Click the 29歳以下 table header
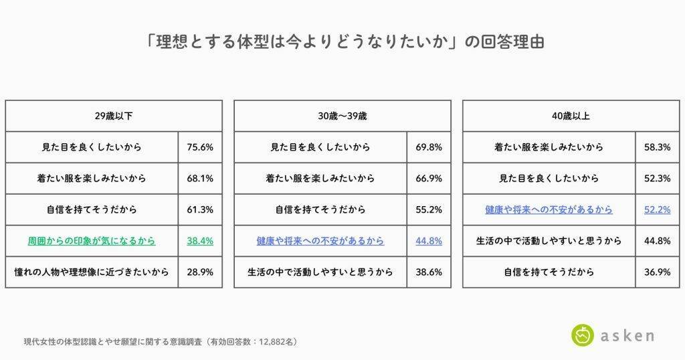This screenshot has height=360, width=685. pyautogui.click(x=114, y=116)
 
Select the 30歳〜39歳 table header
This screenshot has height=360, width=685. pyautogui.click(x=342, y=116)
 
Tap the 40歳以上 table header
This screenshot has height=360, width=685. pyautogui.click(x=571, y=116)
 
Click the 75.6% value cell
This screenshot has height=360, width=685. pyautogui.click(x=200, y=147)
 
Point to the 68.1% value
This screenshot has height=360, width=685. pyautogui.click(x=200, y=179)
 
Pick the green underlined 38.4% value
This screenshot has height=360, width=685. pyautogui.click(x=200, y=241)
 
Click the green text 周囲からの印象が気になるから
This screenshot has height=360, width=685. pyautogui.click(x=92, y=241)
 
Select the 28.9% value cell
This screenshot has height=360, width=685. pyautogui.click(x=200, y=272)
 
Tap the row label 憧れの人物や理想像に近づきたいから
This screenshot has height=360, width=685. pyautogui.click(x=92, y=272)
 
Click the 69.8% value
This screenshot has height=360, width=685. pyautogui.click(x=429, y=147)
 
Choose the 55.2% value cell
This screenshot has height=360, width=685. pyautogui.click(x=429, y=209)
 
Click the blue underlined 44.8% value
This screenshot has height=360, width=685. pyautogui.click(x=429, y=241)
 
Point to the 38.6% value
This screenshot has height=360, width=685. pyautogui.click(x=429, y=272)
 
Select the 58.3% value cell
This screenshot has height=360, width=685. pyautogui.click(x=657, y=147)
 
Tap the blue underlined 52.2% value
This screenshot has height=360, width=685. pyautogui.click(x=657, y=209)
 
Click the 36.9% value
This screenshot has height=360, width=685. pyautogui.click(x=657, y=272)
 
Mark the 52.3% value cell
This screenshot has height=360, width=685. pyautogui.click(x=657, y=179)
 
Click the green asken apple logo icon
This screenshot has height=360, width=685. pyautogui.click(x=583, y=335)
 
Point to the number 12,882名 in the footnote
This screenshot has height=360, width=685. pyautogui.click(x=274, y=341)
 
